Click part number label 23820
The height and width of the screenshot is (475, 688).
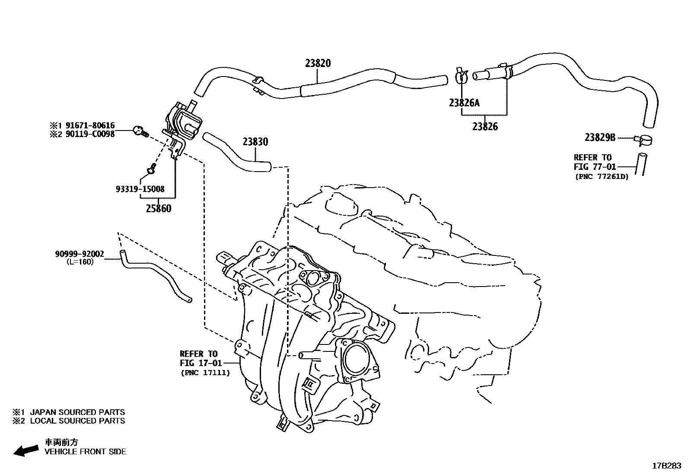pos(318,63)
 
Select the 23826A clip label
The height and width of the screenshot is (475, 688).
pos(464,103)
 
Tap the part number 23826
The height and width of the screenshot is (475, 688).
pos(485,127)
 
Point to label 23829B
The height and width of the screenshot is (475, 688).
pos(600,137)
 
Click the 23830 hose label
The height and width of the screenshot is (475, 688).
pos(255,142)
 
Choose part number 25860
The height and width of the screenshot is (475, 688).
pos(158,209)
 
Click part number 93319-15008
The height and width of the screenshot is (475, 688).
pos(140,189)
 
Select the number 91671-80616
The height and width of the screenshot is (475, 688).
pos(90,126)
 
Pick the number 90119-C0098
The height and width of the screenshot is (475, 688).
pos(90,134)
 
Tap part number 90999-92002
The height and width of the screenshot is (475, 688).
pos(80,254)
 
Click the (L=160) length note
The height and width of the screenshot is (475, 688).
pos(80,261)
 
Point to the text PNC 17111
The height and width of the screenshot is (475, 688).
pos(205,373)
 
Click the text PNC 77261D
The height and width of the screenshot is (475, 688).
pos(602,177)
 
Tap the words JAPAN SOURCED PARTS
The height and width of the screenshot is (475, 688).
pos(77,412)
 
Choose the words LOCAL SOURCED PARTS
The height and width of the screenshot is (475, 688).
pos(77,421)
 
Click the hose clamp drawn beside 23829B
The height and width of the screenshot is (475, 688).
pos(644,140)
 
